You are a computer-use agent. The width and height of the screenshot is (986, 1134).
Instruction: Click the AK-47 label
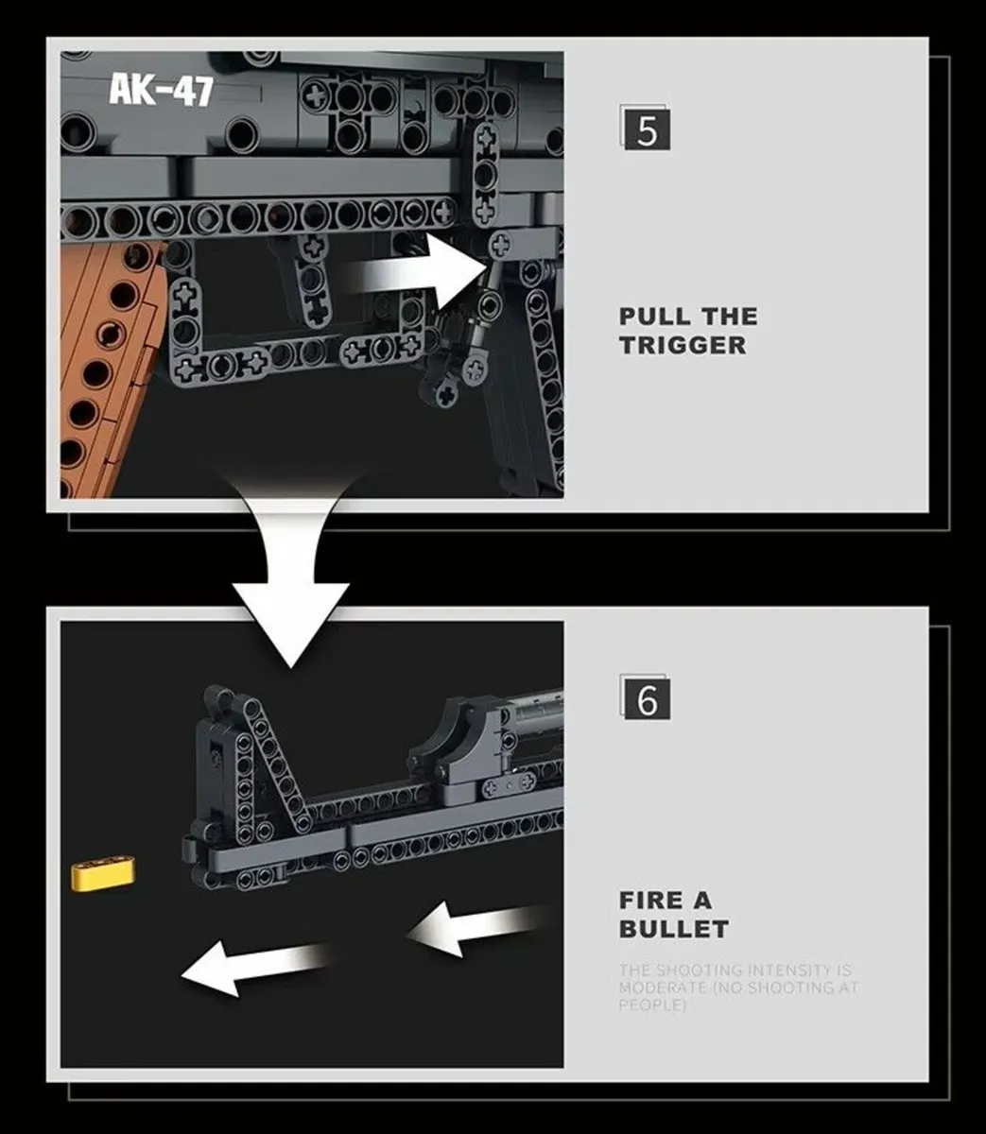click(161, 90)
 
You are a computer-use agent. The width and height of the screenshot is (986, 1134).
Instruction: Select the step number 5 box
click(647, 129)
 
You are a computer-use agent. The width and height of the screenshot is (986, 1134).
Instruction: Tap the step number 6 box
click(647, 699)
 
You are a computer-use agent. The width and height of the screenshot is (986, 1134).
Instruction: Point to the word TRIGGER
click(683, 345)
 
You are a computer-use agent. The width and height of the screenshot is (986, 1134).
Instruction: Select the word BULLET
click(673, 929)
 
